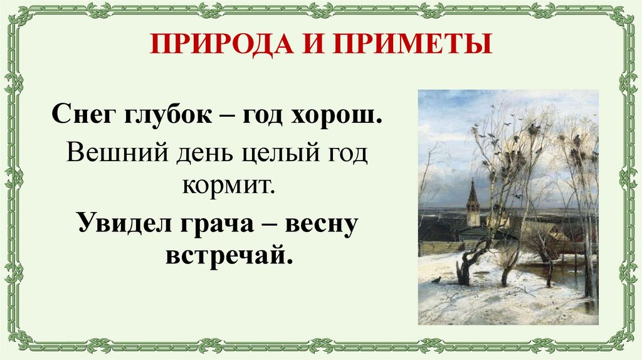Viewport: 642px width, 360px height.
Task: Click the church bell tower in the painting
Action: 473,204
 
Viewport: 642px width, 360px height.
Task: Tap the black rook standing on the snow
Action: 436,280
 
